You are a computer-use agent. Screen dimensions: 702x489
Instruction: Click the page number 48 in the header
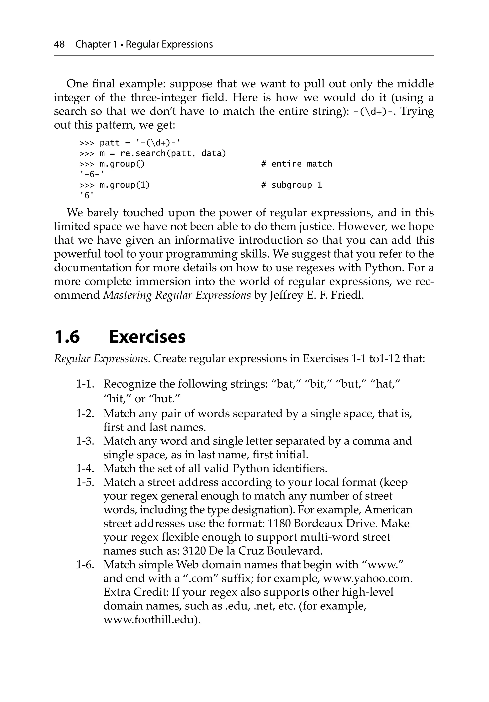pyautogui.click(x=59, y=44)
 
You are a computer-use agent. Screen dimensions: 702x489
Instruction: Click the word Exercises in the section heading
pyautogui.click(x=147, y=337)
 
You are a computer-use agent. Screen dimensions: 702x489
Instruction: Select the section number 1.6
pyautogui.click(x=67, y=337)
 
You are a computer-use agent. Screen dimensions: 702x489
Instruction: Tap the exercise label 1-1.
pyautogui.click(x=85, y=384)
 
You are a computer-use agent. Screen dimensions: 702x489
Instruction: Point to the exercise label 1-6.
pyautogui.click(x=85, y=565)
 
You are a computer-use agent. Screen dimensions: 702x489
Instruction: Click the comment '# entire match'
pyautogui.click(x=297, y=164)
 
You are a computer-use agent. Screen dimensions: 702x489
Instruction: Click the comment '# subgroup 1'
pyautogui.click(x=292, y=185)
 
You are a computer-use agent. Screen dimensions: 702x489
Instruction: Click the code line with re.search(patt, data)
pyautogui.click(x=153, y=153)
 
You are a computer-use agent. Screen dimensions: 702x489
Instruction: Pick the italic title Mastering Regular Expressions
pyautogui.click(x=177, y=295)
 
